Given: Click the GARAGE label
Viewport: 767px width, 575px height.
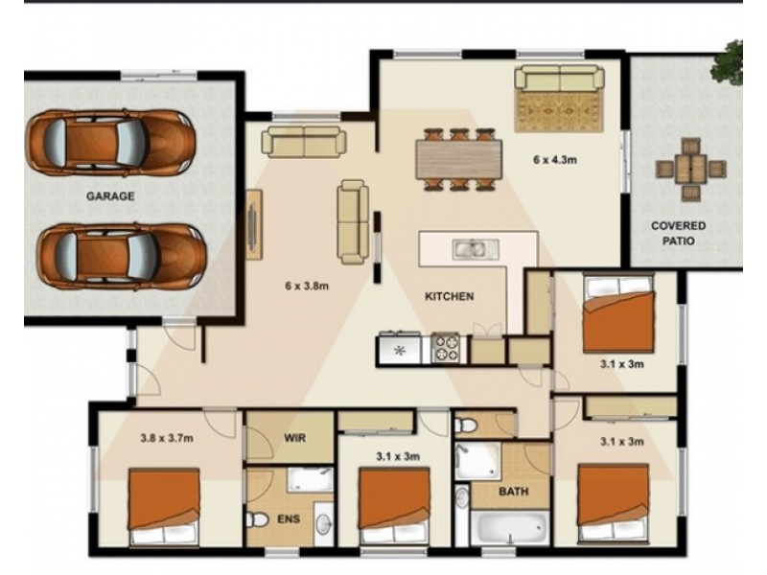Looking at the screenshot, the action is pos(110,196).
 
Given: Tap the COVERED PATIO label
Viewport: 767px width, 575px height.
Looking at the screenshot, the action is pos(678,233).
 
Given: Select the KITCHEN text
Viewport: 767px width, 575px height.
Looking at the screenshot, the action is pos(449,296).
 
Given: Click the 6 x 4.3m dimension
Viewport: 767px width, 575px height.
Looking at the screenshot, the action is pos(555,160).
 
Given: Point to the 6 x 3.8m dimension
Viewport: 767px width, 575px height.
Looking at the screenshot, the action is pos(307,286).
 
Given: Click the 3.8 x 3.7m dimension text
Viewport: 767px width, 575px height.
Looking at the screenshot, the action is pos(167,438).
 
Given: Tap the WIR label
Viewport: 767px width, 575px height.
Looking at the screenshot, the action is pos(295,437).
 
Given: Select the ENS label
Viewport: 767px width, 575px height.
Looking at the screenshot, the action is pos(289,518).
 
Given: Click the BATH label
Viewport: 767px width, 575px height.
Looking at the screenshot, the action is pos(514,491).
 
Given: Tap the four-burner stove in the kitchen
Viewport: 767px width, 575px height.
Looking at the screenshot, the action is pos(446,348).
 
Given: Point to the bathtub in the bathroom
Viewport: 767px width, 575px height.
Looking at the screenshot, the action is pos(511,527).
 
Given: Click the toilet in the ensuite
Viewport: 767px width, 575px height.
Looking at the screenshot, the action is pos(257,519).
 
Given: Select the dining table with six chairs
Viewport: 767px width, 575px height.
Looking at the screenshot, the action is pos(459,159).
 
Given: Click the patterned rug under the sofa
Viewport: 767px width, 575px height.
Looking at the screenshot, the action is pos(558,111).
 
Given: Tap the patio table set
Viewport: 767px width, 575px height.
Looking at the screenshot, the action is pos(690,170).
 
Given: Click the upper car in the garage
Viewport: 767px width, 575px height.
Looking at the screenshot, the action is pos(110,142).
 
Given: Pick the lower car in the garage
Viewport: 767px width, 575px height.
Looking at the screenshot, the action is pos(122,256).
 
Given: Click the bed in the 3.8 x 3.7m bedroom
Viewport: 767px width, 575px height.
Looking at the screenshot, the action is pos(164,507).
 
